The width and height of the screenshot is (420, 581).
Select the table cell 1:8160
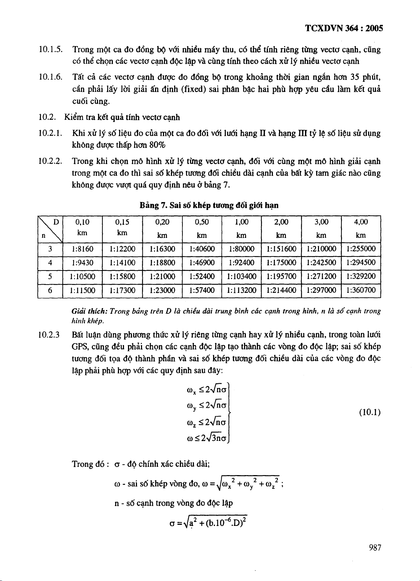(x=83, y=249)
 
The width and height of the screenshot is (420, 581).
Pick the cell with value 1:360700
(x=361, y=290)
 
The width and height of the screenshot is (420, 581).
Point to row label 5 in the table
(x=50, y=277)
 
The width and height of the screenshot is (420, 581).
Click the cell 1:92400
(x=241, y=263)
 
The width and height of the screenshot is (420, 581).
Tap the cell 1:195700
(x=281, y=277)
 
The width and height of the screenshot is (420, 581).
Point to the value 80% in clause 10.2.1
(x=157, y=145)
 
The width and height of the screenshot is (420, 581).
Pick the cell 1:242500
(x=321, y=263)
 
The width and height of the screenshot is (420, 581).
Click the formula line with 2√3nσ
(x=207, y=439)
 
